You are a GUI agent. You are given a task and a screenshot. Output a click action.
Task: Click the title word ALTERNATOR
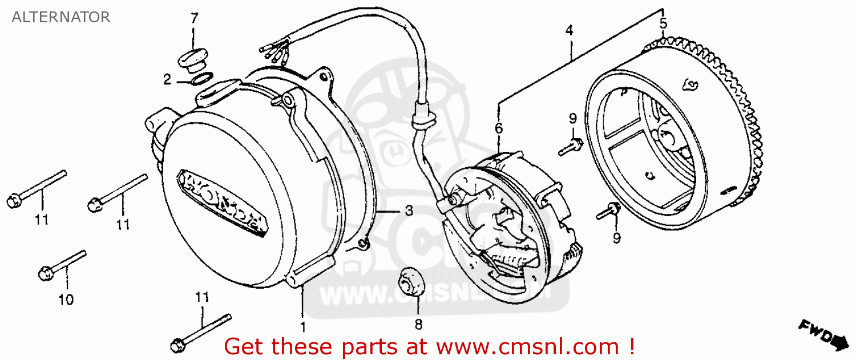[x=60, y=17]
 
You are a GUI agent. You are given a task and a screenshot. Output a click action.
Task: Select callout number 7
[x=194, y=18]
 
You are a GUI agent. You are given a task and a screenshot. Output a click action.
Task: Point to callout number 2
[x=167, y=80]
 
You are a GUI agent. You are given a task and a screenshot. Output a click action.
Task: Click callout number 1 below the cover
[x=303, y=327]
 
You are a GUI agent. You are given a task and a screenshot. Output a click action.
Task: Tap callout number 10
[x=66, y=299]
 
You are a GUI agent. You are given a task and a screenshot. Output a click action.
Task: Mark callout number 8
[x=418, y=325]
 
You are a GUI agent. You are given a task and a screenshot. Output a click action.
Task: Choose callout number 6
[x=499, y=128]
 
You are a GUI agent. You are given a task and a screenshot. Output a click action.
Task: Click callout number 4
[x=569, y=30]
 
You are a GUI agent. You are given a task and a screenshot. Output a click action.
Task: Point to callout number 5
[x=663, y=24]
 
